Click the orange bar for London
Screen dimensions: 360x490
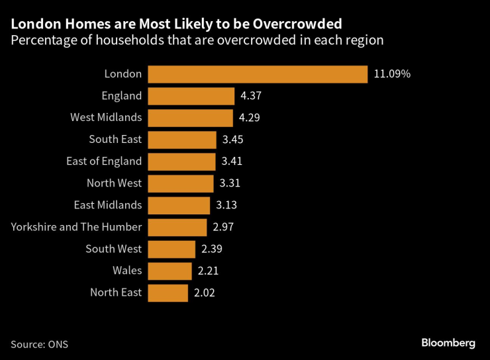(x=257, y=74)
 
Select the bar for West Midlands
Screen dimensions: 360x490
(x=190, y=118)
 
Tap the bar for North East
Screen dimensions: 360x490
(x=168, y=292)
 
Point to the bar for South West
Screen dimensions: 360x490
(x=171, y=249)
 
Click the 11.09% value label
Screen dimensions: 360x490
(x=392, y=74)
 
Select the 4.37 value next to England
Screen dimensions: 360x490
(x=252, y=96)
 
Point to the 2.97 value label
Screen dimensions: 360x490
(x=224, y=227)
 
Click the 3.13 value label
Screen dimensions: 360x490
(x=226, y=205)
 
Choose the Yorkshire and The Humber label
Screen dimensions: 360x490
(x=76, y=227)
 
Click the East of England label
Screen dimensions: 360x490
(x=104, y=161)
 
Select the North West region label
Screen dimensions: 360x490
(x=114, y=183)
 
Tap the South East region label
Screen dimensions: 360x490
(x=115, y=140)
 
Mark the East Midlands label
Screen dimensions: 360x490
(x=109, y=205)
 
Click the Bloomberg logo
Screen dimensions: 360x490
(x=448, y=343)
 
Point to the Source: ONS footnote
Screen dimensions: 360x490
(x=39, y=344)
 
